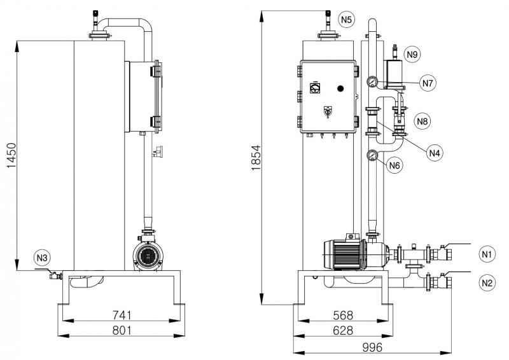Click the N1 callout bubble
pos(487,254)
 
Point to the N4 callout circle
pos(435,153)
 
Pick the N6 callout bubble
pos(395,165)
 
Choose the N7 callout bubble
pos(428,83)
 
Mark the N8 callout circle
pos(422,120)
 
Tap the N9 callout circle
pos(412,55)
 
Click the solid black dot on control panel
pos(340,88)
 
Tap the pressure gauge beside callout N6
pos(372,155)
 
